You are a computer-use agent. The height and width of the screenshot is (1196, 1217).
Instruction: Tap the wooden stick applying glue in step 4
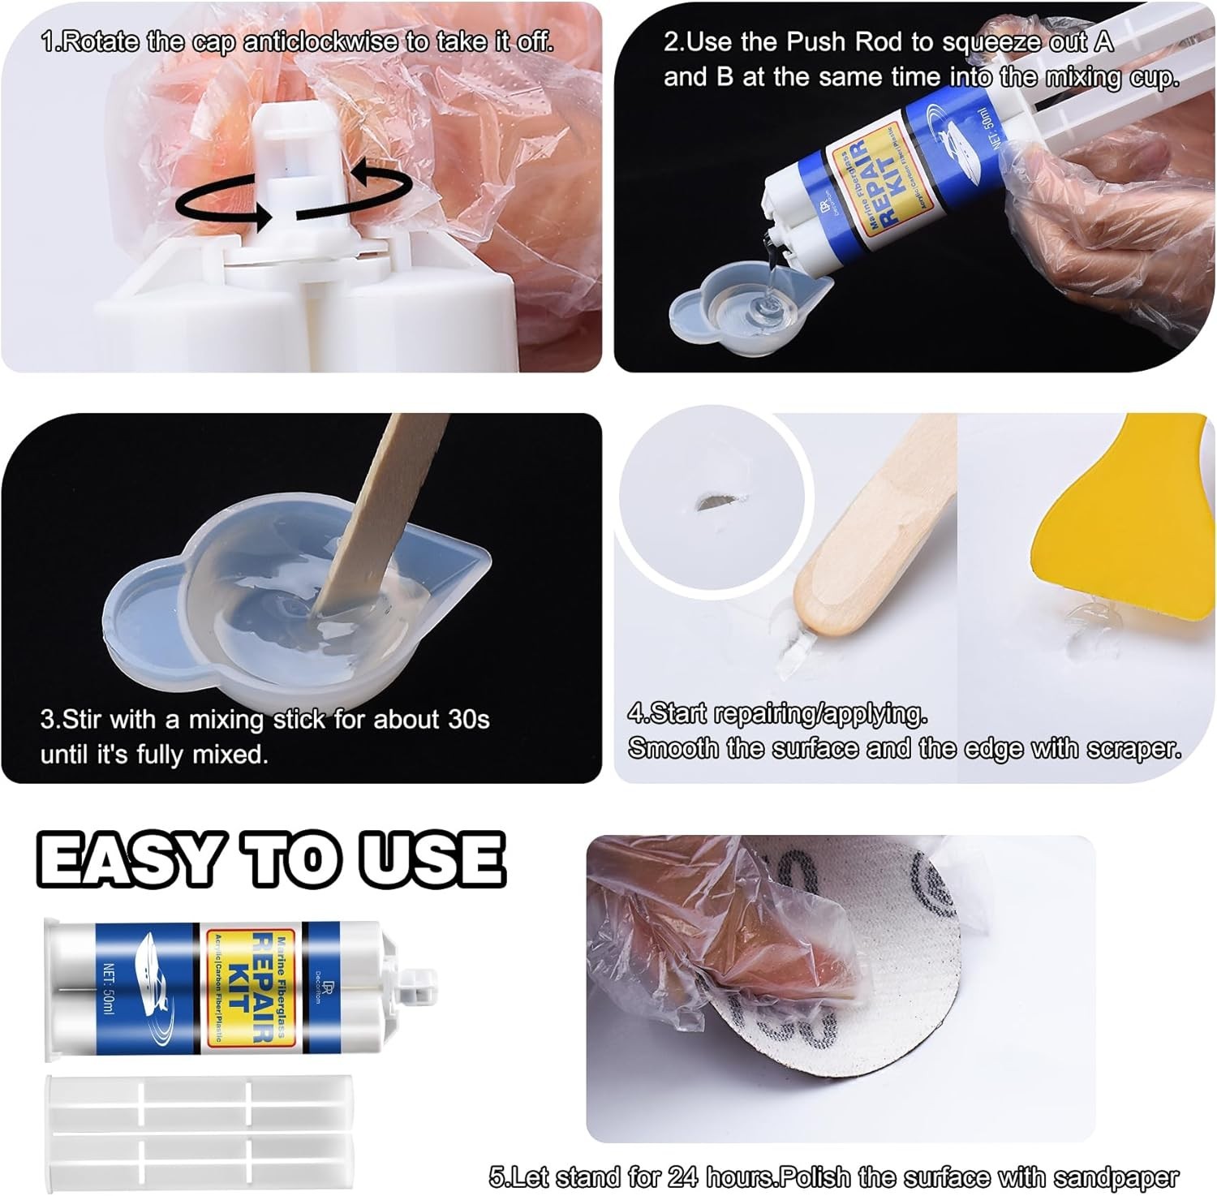(860, 544)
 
